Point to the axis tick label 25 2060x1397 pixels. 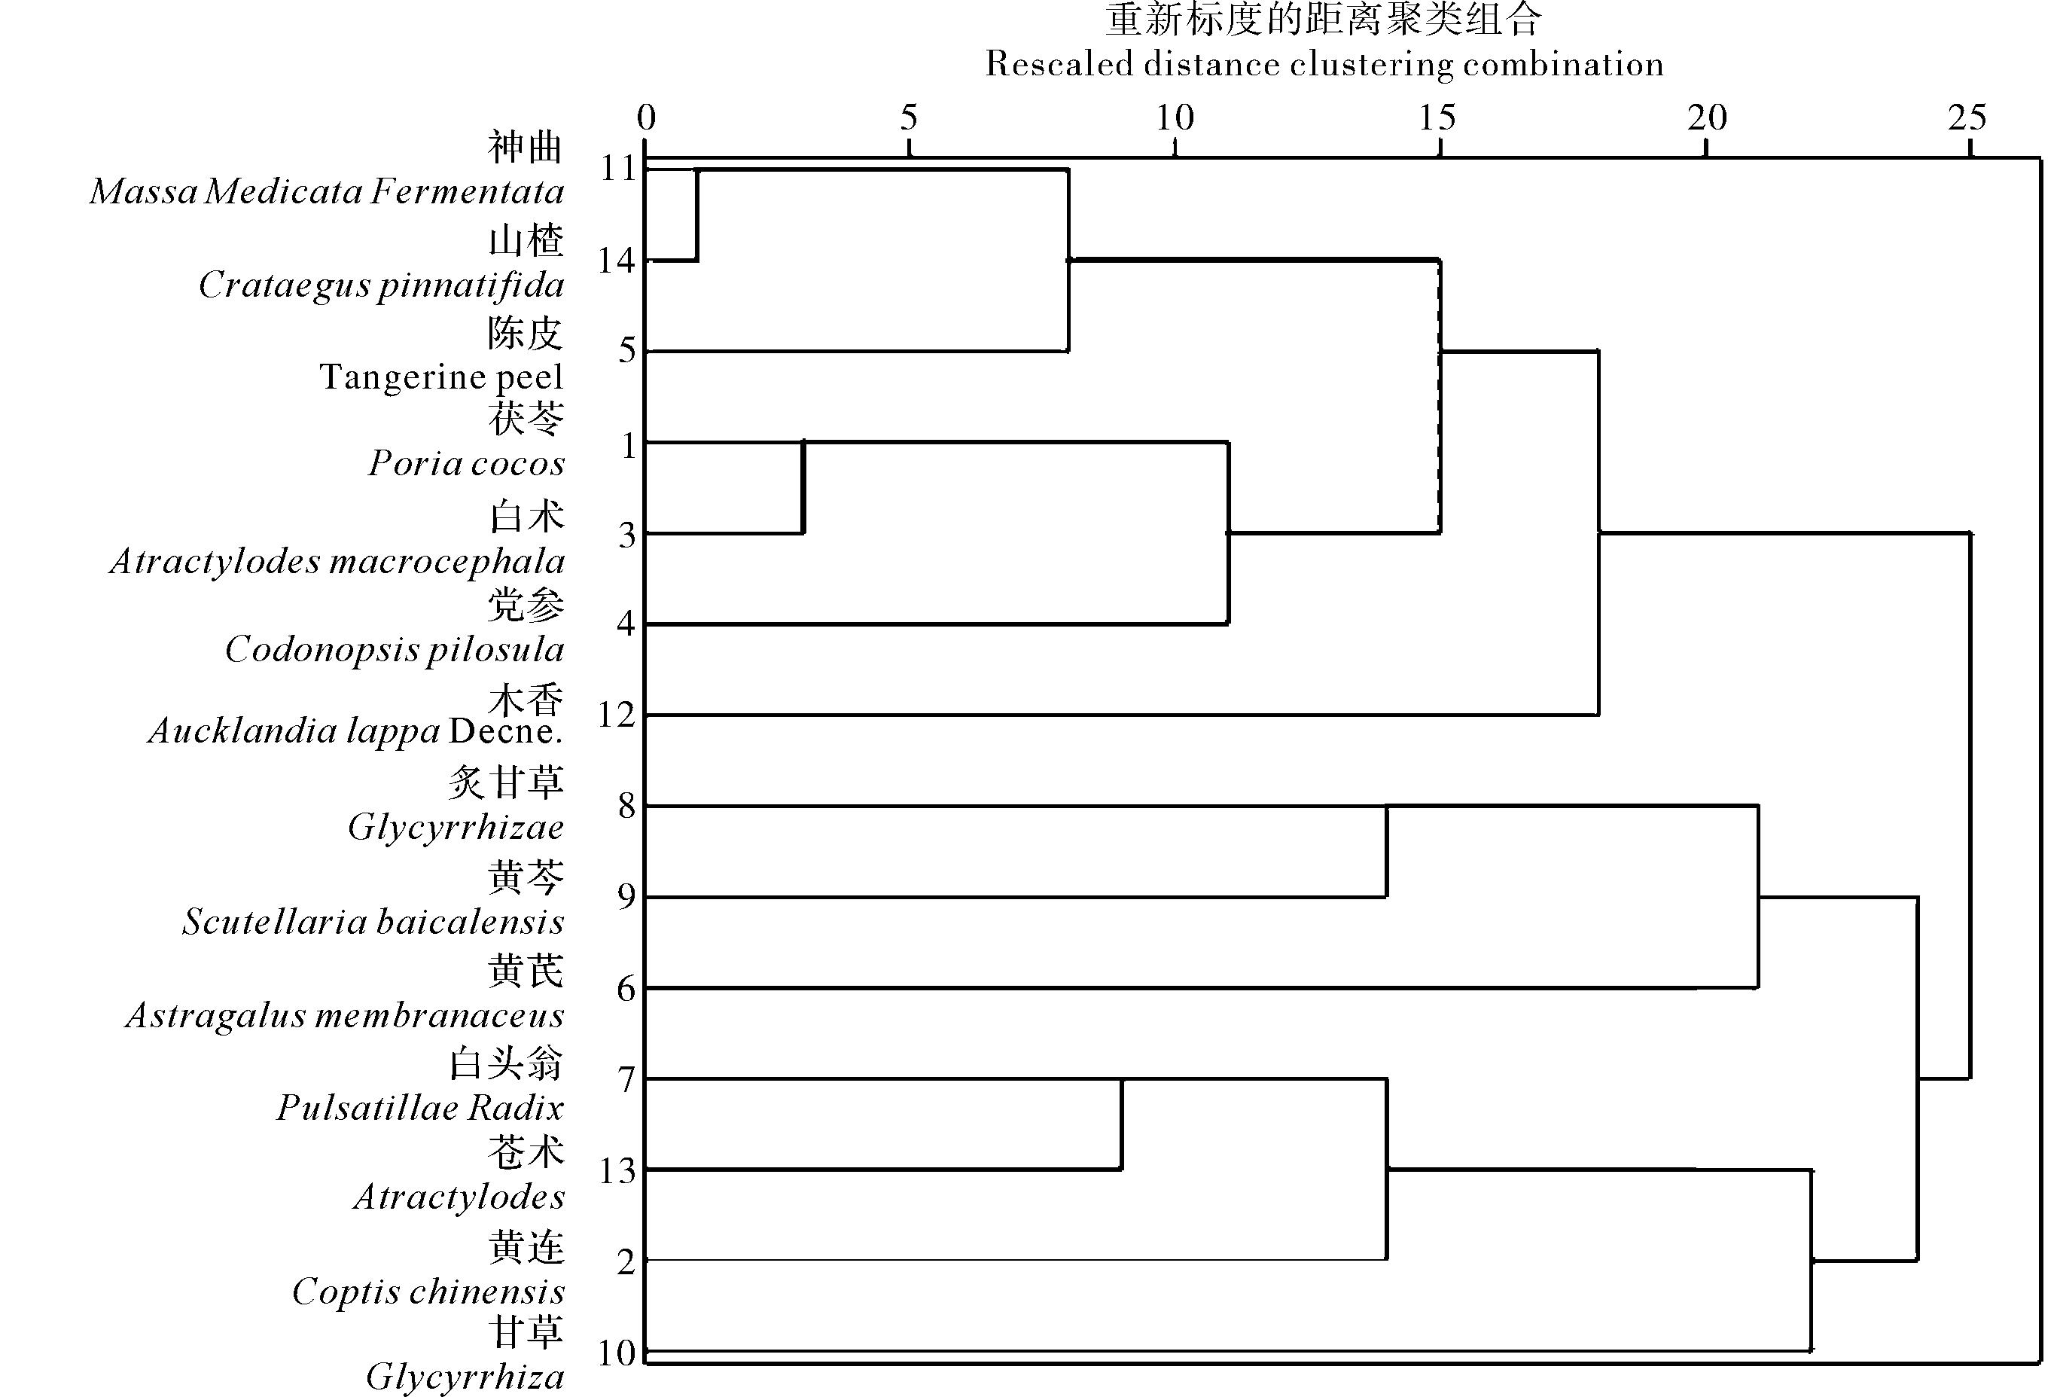pyautogui.click(x=1967, y=118)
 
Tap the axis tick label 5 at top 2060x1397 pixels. pyautogui.click(x=909, y=118)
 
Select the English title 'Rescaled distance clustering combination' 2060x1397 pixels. pyautogui.click(x=1324, y=65)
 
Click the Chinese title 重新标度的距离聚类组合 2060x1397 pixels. pyautogui.click(x=1324, y=20)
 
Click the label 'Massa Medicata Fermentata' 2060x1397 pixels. pyautogui.click(x=327, y=191)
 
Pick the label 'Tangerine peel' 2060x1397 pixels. pyautogui.click(x=441, y=377)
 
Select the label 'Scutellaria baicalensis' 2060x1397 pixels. pyautogui.click(x=373, y=923)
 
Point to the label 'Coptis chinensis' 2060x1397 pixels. pyautogui.click(x=428, y=1292)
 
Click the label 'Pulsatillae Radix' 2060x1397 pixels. pyautogui.click(x=420, y=1108)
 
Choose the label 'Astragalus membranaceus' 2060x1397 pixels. pyautogui.click(x=345, y=1016)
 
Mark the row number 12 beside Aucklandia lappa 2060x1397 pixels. pyautogui.click(x=617, y=715)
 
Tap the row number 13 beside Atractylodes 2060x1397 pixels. pyautogui.click(x=617, y=1172)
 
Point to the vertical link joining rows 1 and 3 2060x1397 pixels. pyautogui.click(x=802, y=487)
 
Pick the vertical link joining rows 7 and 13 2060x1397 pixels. pyautogui.click(x=1121, y=1124)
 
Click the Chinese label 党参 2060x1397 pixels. pyautogui.click(x=526, y=606)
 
